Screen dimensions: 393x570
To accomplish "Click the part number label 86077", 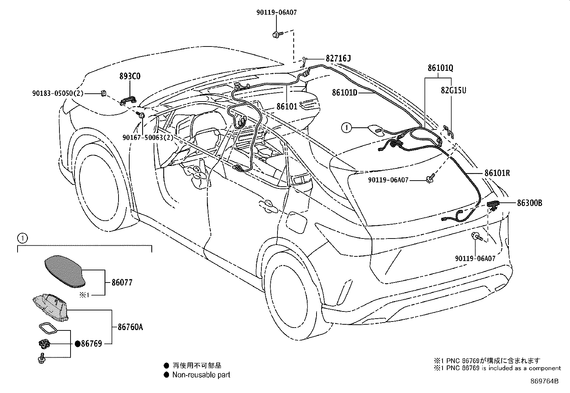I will tap(122, 283).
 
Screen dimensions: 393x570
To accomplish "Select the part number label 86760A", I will tap(130, 327).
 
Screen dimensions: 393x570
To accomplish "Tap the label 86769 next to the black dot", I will tap(91, 344).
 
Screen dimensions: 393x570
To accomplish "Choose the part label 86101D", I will tap(344, 92).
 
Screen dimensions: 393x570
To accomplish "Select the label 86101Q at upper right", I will tap(440, 68).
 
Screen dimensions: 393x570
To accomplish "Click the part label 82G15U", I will tap(453, 90).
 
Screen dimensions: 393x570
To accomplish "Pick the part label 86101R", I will tap(497, 173).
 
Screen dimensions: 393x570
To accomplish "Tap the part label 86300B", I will tap(529, 203).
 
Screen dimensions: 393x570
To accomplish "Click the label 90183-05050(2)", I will tap(58, 93).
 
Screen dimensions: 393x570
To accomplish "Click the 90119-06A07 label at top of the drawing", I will tap(276, 13).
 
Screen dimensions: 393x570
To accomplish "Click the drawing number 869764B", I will tap(544, 381).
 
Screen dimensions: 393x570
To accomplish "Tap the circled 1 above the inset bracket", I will tap(22, 237).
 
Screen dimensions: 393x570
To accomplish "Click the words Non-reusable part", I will tap(201, 375).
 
